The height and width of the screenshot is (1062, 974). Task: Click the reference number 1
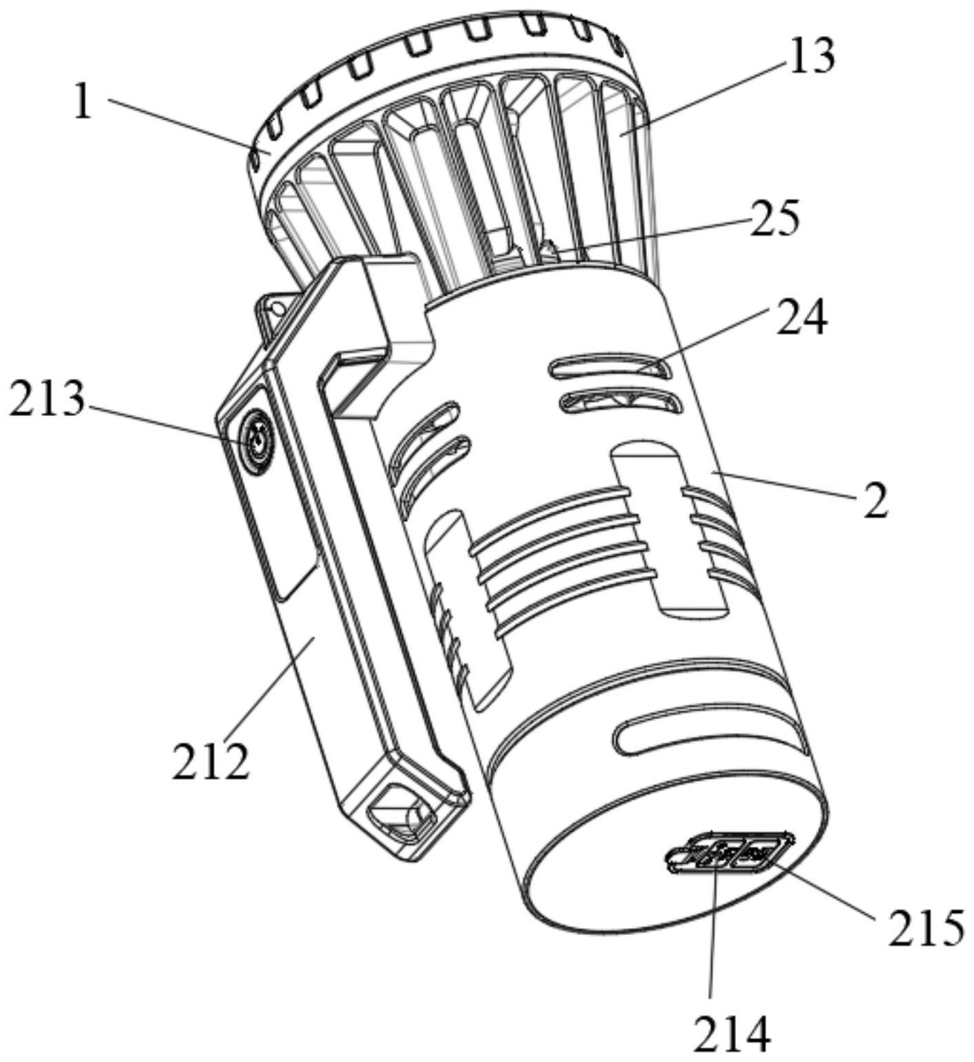pyautogui.click(x=83, y=104)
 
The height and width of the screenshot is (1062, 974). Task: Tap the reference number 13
pyautogui.click(x=812, y=55)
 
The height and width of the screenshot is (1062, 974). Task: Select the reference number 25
pyautogui.click(x=775, y=219)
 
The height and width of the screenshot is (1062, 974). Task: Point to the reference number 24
pyautogui.click(x=801, y=318)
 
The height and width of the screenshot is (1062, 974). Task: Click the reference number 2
pyautogui.click(x=875, y=502)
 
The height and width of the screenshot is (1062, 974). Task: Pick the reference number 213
pyautogui.click(x=47, y=400)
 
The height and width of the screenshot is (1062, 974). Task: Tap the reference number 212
pyautogui.click(x=210, y=761)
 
